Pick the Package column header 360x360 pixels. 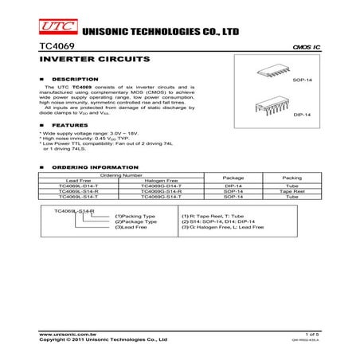click(x=233, y=178)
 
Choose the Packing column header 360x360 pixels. click(x=292, y=178)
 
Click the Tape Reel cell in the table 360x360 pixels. click(x=292, y=191)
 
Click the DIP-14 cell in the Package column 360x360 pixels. click(x=233, y=186)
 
